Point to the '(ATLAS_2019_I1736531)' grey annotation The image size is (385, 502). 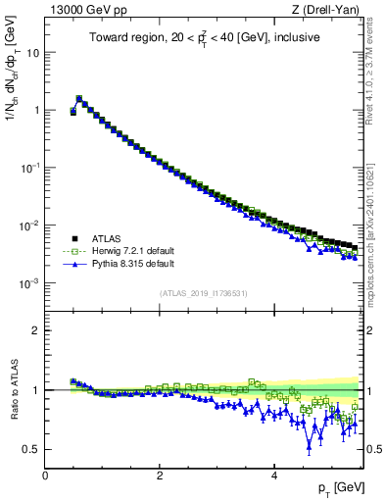pos(202,293)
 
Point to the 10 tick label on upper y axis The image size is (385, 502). pos(32,52)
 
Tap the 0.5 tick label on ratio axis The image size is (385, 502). pos(31,449)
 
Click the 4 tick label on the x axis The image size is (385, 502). pos(274,476)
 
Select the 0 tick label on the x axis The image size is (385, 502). pos(45,476)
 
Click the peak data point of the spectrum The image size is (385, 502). pos(79,98)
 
